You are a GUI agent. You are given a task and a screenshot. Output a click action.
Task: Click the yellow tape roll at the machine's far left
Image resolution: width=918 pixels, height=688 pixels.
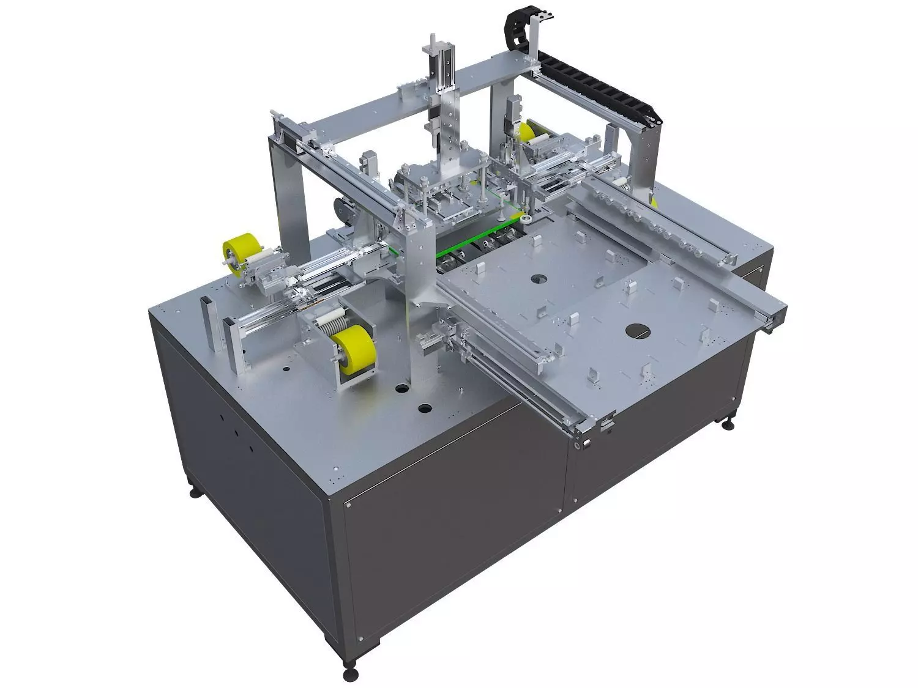pos(236,255)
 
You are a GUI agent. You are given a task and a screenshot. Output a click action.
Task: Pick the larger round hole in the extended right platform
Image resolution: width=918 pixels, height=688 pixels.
pos(637,330)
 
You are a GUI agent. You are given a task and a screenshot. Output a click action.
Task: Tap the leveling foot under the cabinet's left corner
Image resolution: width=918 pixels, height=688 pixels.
pos(195,492)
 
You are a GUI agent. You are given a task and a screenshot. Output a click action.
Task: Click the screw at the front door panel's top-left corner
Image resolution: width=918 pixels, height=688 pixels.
pos(349,505)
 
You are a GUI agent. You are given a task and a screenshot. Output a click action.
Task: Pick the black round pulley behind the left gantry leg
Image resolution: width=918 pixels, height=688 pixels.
pos(340,211)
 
